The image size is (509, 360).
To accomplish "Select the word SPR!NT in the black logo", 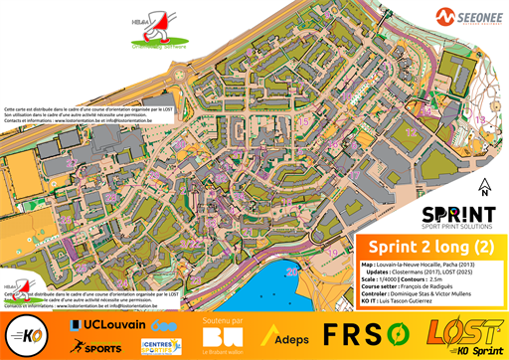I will [x=458, y=213].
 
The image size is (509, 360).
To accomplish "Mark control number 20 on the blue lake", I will [x=291, y=270].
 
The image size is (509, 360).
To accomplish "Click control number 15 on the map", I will [x=302, y=119].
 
